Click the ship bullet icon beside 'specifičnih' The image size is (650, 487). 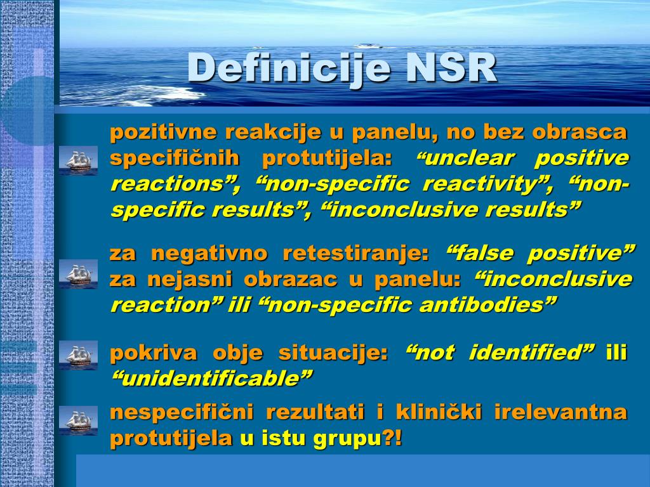tap(78, 160)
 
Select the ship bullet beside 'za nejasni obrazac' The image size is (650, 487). tap(78, 274)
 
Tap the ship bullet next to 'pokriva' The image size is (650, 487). tap(78, 355)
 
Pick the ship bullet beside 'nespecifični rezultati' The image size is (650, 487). tap(78, 420)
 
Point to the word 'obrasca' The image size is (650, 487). tap(580, 132)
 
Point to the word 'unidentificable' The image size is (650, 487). tap(211, 378)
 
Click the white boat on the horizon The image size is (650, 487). tap(368, 46)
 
